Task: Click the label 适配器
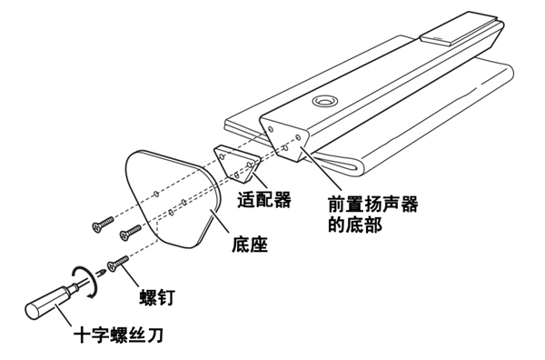(x=264, y=200)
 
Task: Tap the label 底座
(x=250, y=245)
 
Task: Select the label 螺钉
(x=156, y=297)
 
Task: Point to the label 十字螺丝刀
(x=118, y=335)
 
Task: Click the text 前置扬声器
(x=373, y=204)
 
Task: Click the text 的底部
(x=355, y=225)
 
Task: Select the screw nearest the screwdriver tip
(x=118, y=265)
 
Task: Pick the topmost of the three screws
(x=103, y=225)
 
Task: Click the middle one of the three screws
(x=130, y=233)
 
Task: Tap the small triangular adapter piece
(x=236, y=164)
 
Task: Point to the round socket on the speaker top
(x=325, y=101)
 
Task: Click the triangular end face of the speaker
(x=284, y=139)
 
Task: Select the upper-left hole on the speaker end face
(x=271, y=130)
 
